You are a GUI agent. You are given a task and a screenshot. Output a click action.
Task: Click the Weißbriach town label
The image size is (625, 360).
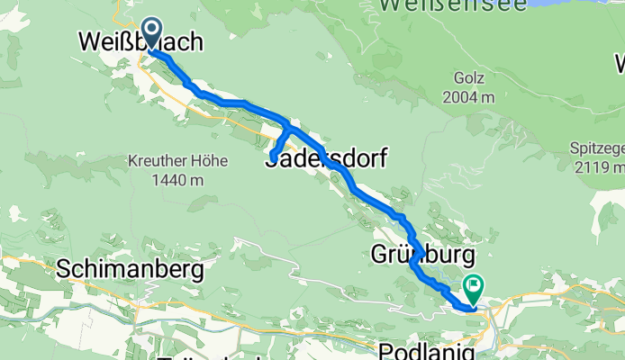click(x=140, y=42)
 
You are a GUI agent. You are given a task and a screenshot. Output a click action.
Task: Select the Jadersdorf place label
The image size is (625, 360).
click(x=326, y=159)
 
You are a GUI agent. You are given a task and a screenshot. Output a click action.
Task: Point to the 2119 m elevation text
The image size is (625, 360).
click(x=601, y=167)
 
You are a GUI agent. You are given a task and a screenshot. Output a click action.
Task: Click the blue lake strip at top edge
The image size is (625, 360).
click(x=576, y=4)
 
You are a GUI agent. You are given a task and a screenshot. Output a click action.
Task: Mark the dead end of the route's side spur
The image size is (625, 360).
click(x=272, y=160)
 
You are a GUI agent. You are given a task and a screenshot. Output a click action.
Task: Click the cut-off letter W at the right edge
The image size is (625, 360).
click(x=619, y=64)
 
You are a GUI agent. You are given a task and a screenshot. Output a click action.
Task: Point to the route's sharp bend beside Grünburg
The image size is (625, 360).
click(x=412, y=264)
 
